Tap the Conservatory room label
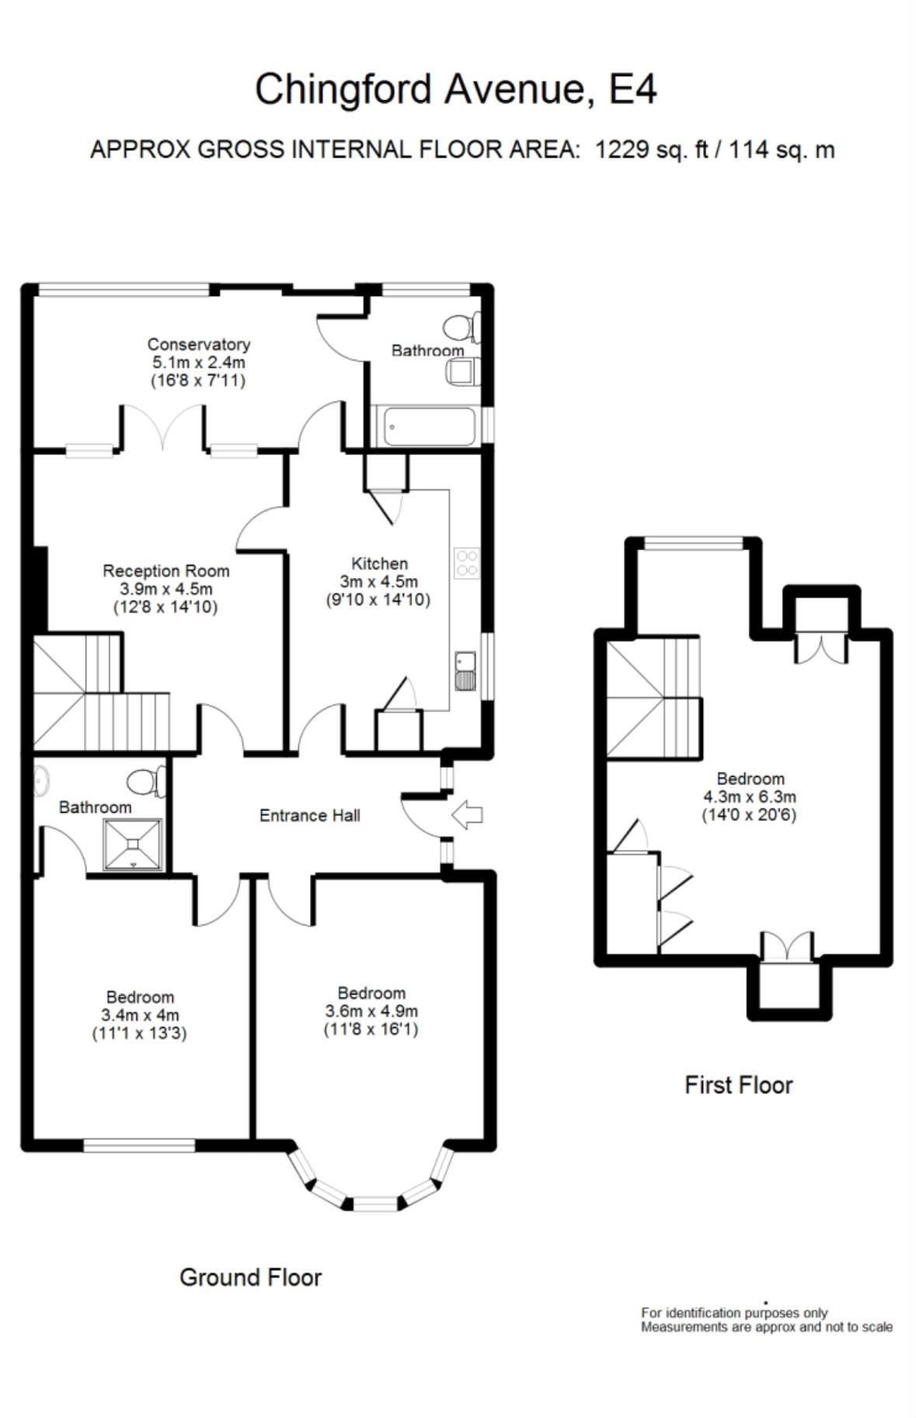click(199, 344)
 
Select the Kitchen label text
click(379, 563)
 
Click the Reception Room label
click(166, 571)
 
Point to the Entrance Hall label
click(309, 815)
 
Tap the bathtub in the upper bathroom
click(425, 427)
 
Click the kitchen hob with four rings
click(467, 563)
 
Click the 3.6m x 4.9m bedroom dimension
click(371, 1012)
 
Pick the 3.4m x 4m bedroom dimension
click(140, 1016)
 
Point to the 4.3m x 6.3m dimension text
click(750, 796)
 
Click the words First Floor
click(738, 1085)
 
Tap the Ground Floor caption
click(250, 1277)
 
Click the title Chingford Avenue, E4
click(456, 89)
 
